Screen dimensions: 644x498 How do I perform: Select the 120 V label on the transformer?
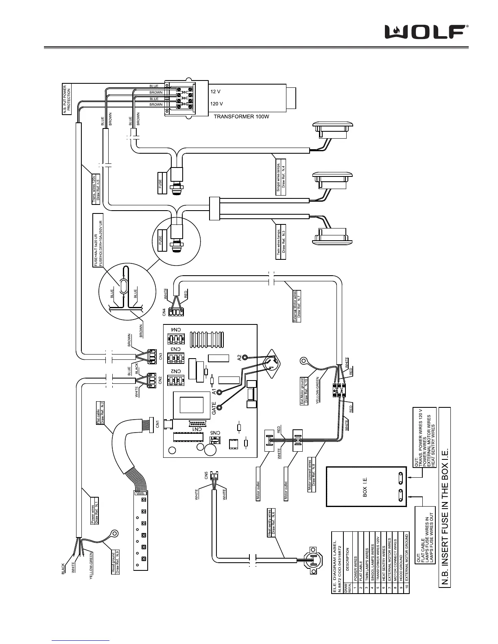217,104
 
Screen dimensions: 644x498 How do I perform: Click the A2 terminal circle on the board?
245,357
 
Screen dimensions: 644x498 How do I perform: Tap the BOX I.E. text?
365,487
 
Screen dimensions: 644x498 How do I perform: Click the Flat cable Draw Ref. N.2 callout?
100,412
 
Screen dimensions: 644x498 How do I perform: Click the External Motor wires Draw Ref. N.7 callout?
297,306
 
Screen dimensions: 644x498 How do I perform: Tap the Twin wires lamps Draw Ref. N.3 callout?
281,237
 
